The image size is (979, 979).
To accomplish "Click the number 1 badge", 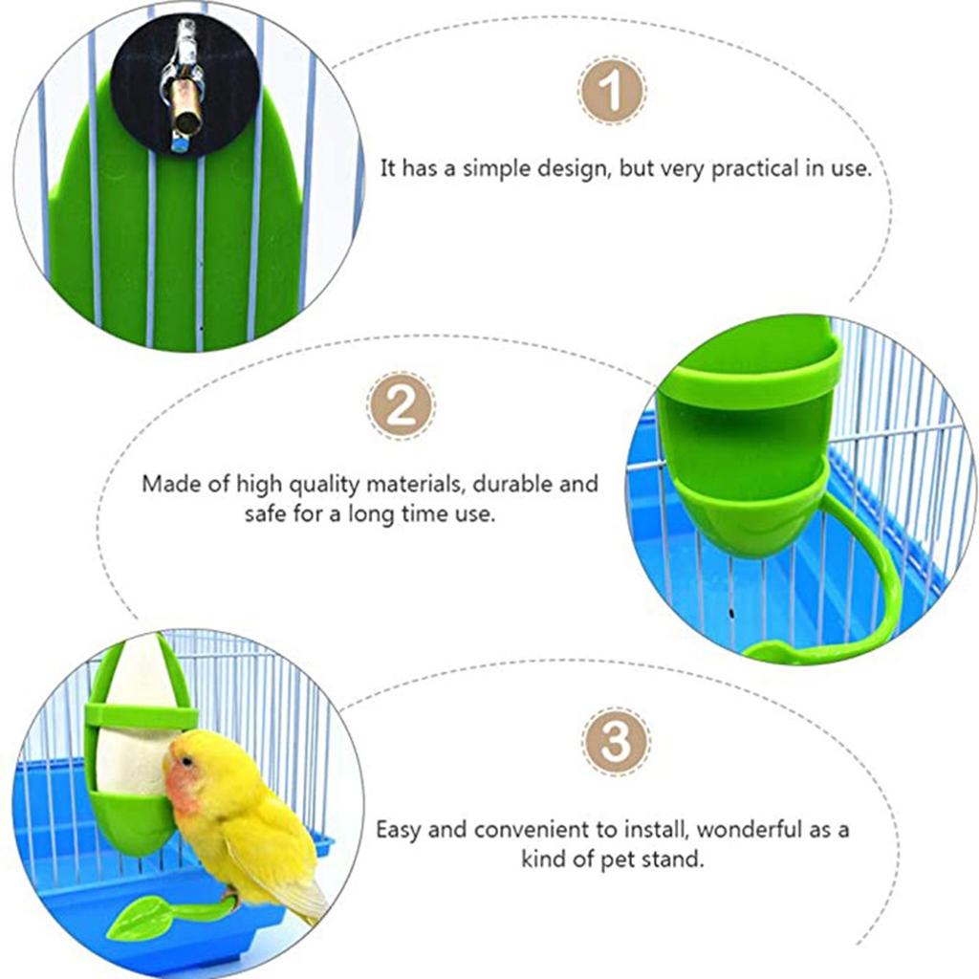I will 612,91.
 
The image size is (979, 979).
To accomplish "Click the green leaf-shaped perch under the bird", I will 141,920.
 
